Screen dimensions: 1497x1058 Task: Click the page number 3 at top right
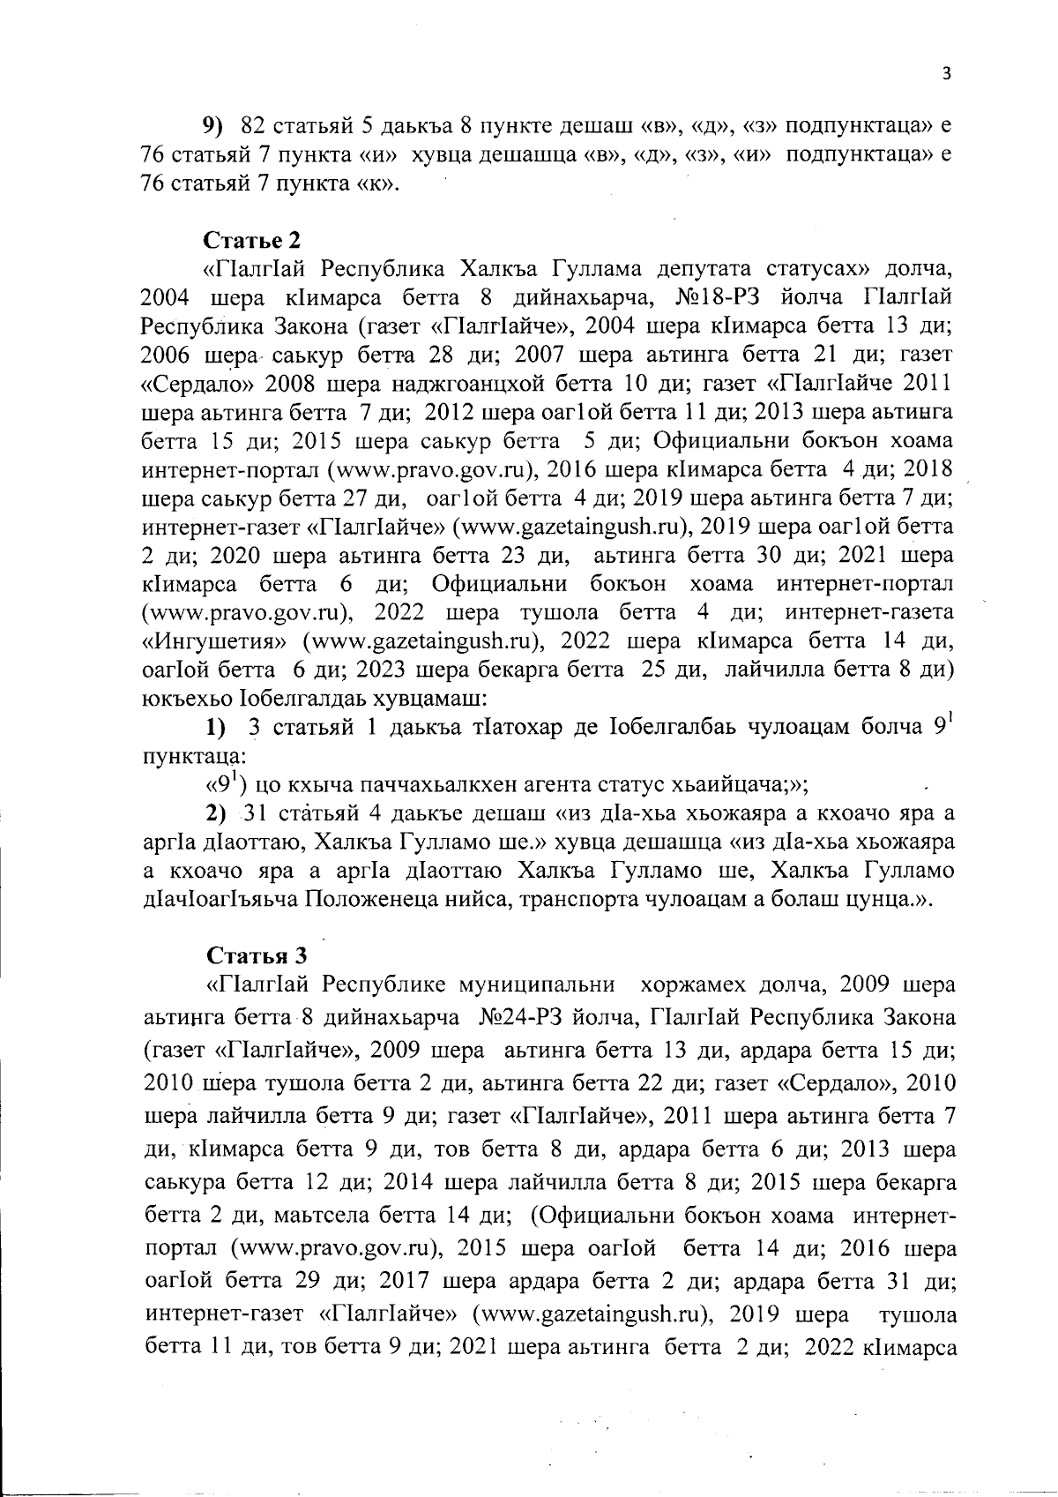click(x=945, y=74)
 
